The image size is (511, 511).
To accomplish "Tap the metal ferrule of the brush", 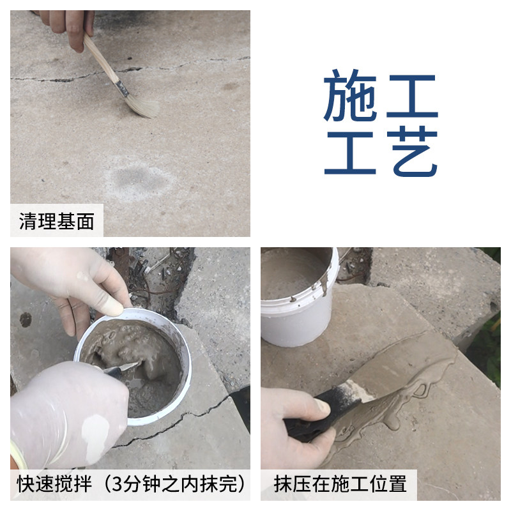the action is click(122, 88).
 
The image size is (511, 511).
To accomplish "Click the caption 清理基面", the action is click(57, 221).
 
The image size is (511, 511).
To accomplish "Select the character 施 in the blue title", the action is click(351, 95).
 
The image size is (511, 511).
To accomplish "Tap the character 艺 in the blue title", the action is click(414, 151).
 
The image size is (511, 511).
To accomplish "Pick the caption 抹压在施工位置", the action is click(340, 484).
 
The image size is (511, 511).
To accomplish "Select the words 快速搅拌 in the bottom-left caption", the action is click(54, 484).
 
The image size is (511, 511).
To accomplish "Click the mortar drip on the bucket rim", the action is click(324, 285).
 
